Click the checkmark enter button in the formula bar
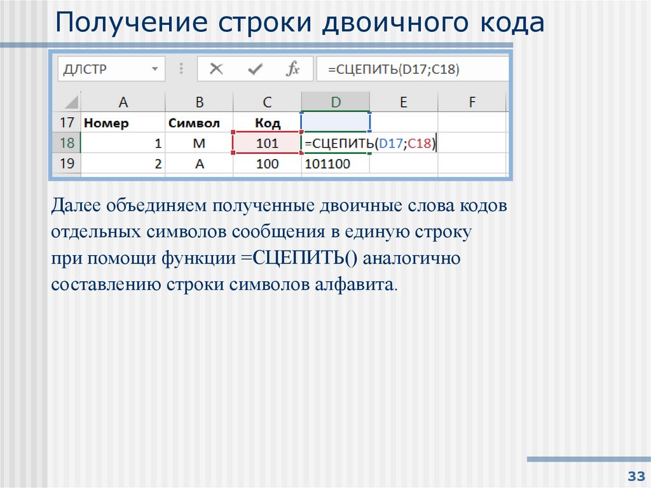pos(256,69)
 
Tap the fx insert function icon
pos(292,69)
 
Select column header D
pos(335,101)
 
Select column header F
pos(472,101)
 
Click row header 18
pos(67,143)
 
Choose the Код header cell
pos(267,123)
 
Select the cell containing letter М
pos(199,144)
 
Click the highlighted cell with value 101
pos(267,144)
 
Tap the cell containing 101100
pos(327,164)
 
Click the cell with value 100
pos(268,164)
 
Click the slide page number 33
pos(634,477)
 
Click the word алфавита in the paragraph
pos(355,284)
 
